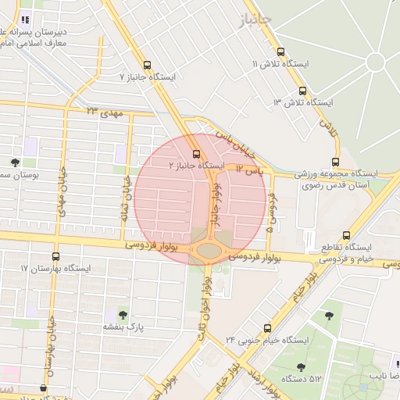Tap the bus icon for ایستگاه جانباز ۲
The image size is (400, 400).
coord(196,152)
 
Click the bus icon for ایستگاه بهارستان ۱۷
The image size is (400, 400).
coord(55,255)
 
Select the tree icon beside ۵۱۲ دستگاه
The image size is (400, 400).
coord(301,366)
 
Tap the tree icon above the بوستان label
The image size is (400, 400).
coord(16,162)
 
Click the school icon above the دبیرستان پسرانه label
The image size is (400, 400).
coord(25,20)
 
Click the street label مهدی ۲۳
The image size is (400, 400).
coord(105,112)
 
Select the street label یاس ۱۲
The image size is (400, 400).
coord(252,170)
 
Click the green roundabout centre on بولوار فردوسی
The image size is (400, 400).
coord(209,250)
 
